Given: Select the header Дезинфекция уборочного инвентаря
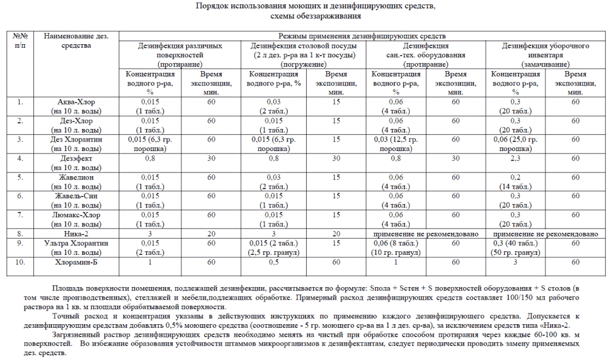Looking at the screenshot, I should click(545, 45).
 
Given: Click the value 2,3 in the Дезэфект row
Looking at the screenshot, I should click(516, 159).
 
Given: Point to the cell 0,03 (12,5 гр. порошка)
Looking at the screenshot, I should click(395, 144).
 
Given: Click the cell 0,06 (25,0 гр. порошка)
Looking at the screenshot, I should click(516, 144).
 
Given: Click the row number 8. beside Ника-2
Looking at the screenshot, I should click(20, 233).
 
